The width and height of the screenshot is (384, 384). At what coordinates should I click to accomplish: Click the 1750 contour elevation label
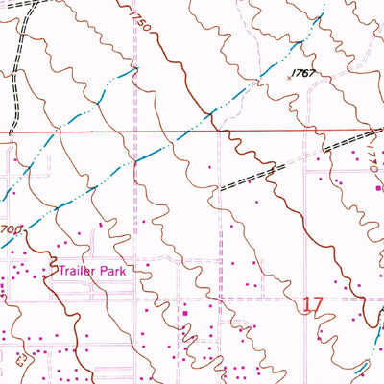point(136,19)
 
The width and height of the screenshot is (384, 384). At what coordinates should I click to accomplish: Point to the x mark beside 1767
point(290,82)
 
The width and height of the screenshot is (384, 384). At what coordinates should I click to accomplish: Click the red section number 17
point(311,305)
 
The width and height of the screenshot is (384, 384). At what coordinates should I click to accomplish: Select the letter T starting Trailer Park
point(60,272)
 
